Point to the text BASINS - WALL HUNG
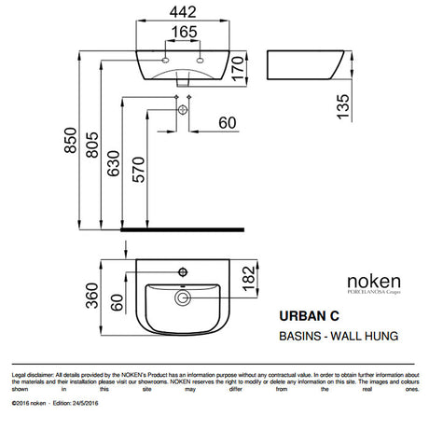tap(334, 334)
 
